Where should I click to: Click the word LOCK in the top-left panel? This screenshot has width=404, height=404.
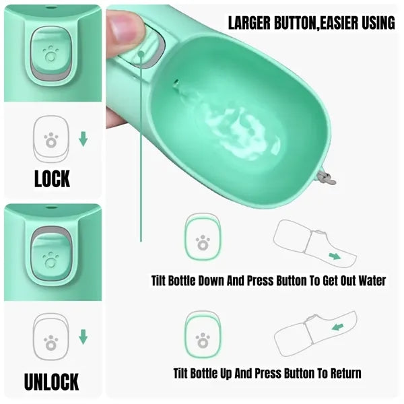[x=53, y=178]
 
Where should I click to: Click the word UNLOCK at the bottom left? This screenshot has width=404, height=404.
[x=52, y=382]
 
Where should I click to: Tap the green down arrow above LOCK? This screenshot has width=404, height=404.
[x=83, y=139]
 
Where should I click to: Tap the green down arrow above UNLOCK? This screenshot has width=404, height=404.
[x=83, y=337]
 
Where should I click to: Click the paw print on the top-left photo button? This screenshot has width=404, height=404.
[x=50, y=54]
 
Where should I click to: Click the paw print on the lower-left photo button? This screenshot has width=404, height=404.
[x=50, y=260]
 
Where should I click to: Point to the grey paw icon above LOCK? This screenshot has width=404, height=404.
[x=51, y=140]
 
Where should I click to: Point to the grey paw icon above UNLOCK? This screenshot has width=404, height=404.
[x=51, y=343]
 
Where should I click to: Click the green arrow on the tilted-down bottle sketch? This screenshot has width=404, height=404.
[x=335, y=257]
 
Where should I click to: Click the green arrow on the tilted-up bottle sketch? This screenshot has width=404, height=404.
[x=338, y=327]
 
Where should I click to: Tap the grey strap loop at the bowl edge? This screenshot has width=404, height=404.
[x=327, y=177]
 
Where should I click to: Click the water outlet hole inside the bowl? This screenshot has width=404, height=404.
[x=176, y=83]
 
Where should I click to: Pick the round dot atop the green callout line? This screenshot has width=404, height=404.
[x=141, y=54]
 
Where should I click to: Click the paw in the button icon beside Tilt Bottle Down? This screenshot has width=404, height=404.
[x=203, y=242]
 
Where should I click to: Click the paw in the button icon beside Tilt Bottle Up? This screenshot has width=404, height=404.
[x=203, y=340]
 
